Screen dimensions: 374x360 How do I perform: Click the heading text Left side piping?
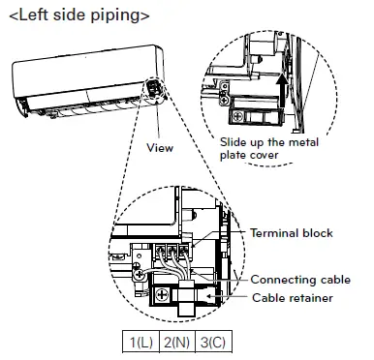(x=79, y=15)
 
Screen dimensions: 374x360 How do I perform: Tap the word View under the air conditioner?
(x=160, y=148)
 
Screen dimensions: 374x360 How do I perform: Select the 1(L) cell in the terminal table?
(x=140, y=342)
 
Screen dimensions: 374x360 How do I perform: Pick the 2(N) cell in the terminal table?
(x=177, y=342)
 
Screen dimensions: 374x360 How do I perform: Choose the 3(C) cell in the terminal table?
(x=213, y=342)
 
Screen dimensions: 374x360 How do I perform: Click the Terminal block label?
(x=292, y=233)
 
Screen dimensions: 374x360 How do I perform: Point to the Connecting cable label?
(x=300, y=280)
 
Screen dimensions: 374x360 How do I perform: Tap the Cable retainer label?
(x=293, y=297)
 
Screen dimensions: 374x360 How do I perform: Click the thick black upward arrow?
(x=283, y=90)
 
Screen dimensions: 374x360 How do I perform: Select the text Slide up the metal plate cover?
(x=269, y=148)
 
